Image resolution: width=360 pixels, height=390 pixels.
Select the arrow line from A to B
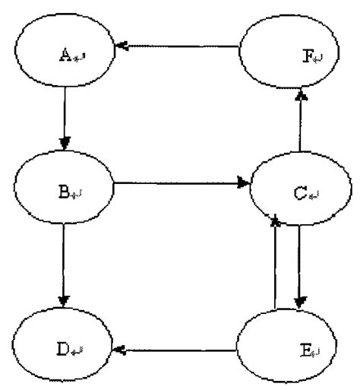click(65, 118)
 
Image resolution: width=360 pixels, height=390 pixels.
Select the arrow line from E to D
click(182, 350)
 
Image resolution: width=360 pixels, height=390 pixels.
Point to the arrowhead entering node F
click(301, 94)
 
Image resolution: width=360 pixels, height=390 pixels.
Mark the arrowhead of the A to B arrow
click(65, 142)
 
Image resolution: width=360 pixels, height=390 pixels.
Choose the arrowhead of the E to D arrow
click(120, 350)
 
